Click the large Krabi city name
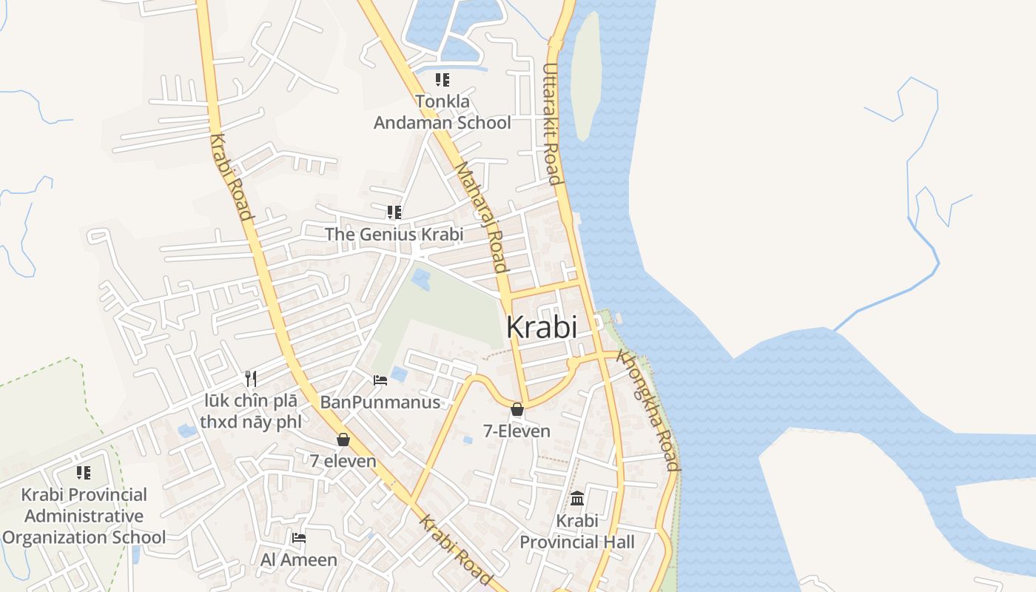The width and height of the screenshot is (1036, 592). click(542, 327)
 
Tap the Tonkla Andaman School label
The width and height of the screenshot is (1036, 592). click(442, 112)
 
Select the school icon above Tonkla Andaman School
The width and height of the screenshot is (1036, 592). click(442, 79)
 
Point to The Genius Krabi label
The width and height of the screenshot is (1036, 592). click(394, 235)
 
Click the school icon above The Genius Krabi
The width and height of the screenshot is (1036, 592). click(394, 212)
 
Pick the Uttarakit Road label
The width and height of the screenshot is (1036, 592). click(551, 124)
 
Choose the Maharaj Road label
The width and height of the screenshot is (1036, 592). click(481, 218)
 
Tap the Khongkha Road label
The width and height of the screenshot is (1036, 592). click(649, 410)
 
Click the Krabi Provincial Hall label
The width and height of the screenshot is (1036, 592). click(576, 531)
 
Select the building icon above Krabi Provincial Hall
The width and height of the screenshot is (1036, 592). click(577, 498)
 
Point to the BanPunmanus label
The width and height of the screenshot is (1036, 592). click(380, 403)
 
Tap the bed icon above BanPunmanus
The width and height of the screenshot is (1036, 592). click(380, 380)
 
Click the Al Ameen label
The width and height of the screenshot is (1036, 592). click(299, 559)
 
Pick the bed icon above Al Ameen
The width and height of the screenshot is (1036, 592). click(299, 537)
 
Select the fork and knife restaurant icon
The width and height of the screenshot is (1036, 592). click(251, 379)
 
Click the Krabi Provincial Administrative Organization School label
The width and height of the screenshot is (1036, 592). click(84, 516)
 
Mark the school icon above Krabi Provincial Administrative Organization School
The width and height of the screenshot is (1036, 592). click(84, 472)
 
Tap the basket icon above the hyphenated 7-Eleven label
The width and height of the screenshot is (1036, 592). click(517, 409)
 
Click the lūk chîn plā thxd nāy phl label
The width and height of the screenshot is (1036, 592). click(252, 411)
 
